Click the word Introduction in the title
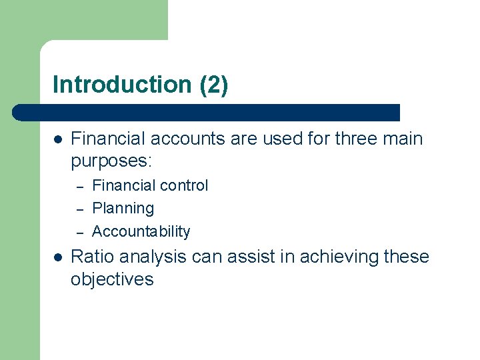122,85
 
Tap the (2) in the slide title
213,85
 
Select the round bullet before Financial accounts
57,140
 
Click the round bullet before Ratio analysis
57,257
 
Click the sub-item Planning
123,209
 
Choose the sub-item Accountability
141,231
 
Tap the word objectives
112,279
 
